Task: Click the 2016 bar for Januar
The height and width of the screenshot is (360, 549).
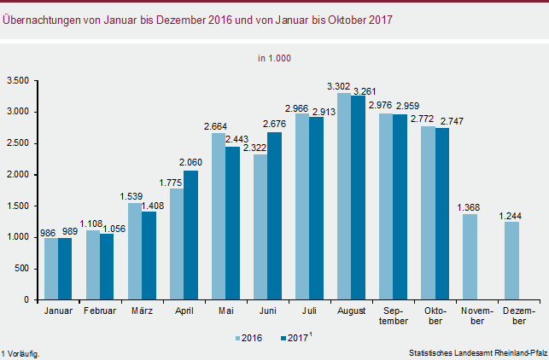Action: click(52, 269)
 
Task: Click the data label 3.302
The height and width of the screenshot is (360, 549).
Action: click(340, 86)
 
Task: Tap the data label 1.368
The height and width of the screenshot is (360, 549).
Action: click(470, 207)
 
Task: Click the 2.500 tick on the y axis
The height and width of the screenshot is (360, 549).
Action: click(18, 143)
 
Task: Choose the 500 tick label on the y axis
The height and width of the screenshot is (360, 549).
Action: click(22, 269)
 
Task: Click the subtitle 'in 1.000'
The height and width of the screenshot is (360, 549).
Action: click(275, 58)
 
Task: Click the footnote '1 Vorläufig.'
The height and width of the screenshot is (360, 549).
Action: click(20, 352)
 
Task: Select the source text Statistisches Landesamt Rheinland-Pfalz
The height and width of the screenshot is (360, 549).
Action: click(476, 352)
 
